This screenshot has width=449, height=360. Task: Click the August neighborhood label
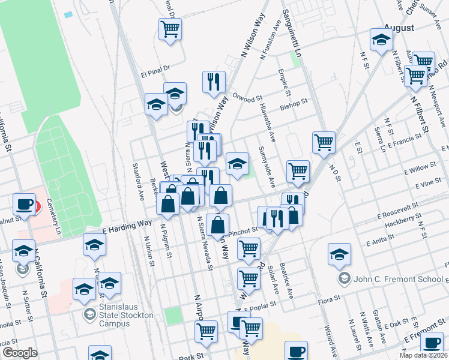click(399, 28)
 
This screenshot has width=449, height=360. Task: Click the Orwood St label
click(248, 97)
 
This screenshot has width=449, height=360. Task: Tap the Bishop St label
click(294, 106)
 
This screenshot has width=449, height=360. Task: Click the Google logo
click(20, 352)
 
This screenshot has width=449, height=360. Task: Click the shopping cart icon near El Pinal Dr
click(170, 28)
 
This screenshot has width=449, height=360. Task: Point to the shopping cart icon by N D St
click(324, 143)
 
